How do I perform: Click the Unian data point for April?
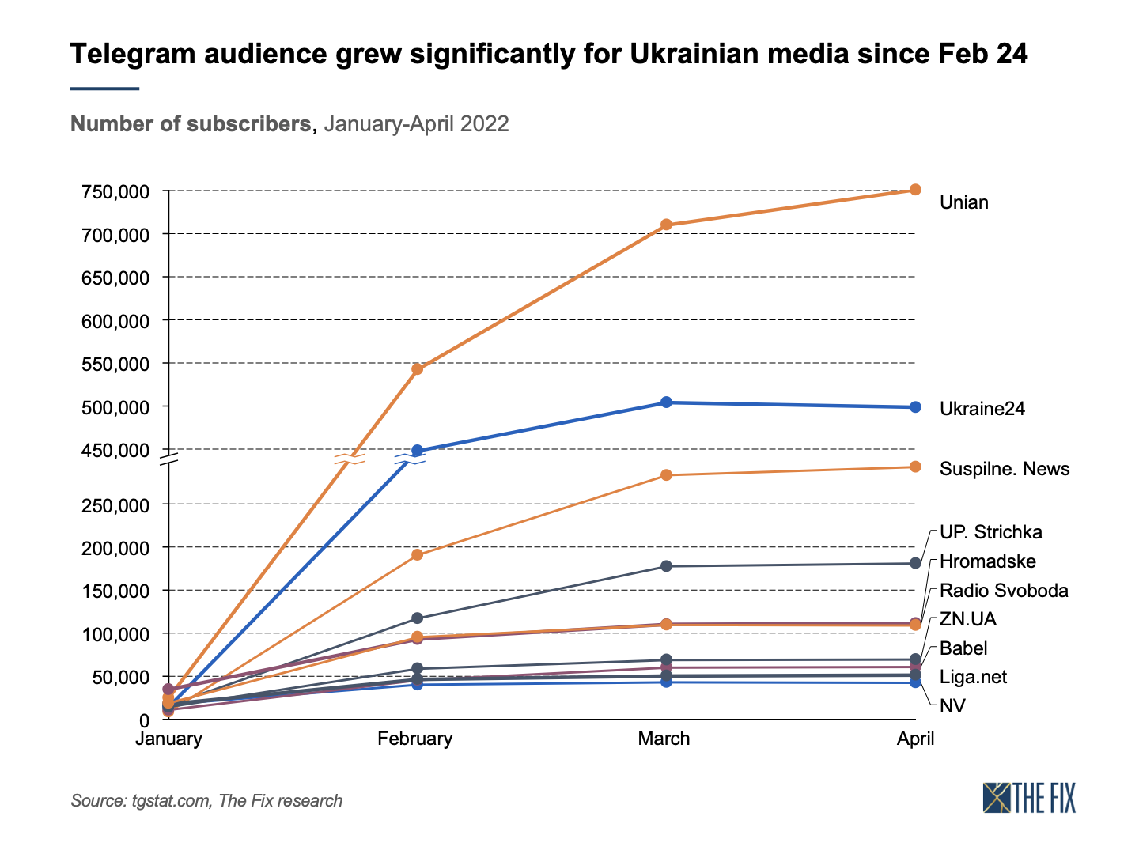(915, 190)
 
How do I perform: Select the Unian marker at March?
(666, 225)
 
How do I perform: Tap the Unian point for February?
(417, 369)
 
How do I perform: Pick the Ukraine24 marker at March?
(666, 402)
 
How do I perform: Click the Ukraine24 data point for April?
(915, 407)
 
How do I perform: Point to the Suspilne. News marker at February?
(417, 555)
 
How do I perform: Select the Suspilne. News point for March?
(666, 475)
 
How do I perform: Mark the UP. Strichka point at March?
(666, 566)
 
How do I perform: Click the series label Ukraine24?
(982, 409)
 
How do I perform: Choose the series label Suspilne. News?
(1005, 469)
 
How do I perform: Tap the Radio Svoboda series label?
(1004, 591)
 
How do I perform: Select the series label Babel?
(963, 648)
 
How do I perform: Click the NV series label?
(952, 706)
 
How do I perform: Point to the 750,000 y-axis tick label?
(115, 191)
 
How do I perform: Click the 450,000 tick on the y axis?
(115, 451)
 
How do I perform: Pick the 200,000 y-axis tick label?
(115, 548)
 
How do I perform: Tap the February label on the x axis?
(415, 739)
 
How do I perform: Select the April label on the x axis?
(915, 739)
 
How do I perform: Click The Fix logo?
(1029, 798)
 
